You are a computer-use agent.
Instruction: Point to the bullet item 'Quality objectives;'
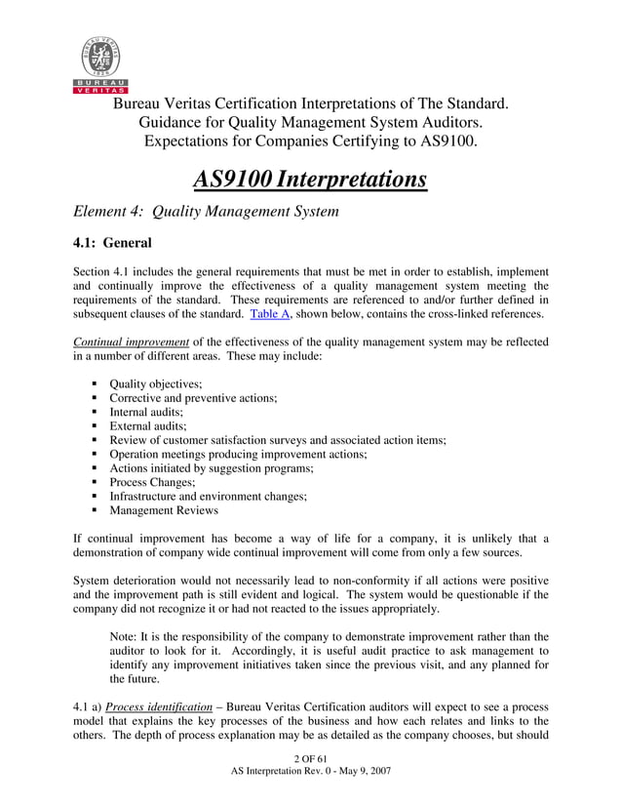pos(155,383)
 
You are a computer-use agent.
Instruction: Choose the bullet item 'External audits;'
pos(147,426)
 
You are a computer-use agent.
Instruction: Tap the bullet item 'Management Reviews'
pos(164,510)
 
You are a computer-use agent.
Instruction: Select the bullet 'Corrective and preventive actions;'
pos(193,398)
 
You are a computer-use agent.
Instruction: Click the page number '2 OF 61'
pos(309,759)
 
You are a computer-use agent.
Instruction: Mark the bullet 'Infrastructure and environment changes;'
pos(208,496)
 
